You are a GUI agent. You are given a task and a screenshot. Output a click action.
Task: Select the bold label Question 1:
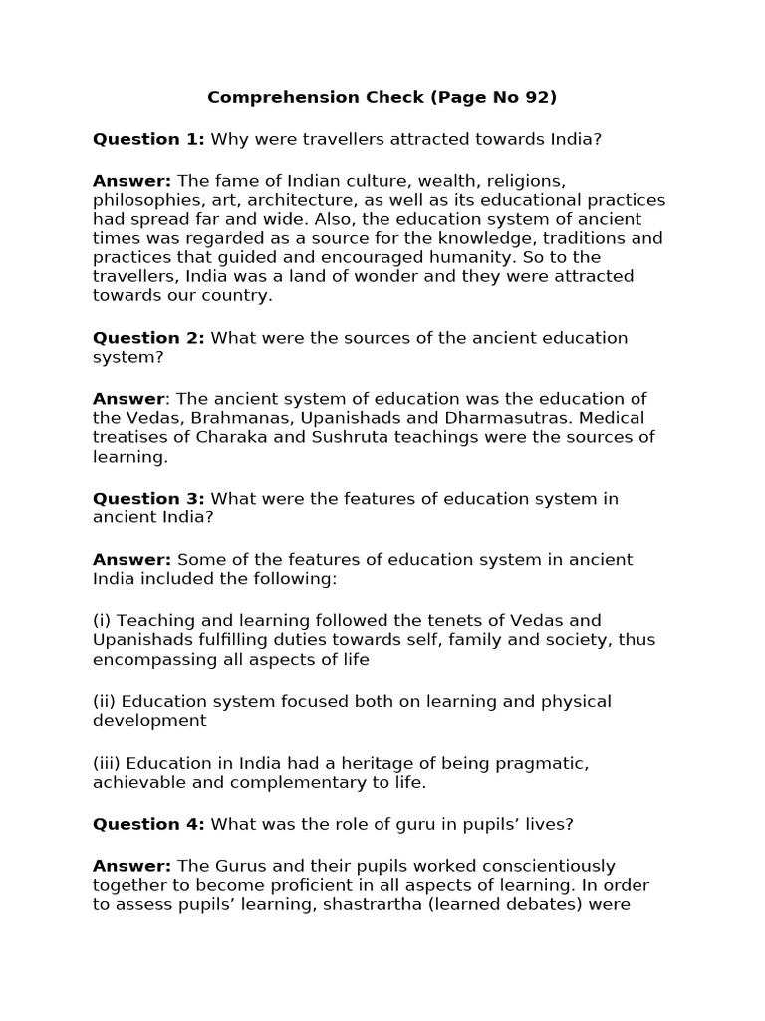(x=148, y=139)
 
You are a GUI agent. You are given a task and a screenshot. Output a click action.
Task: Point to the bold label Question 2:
(x=148, y=338)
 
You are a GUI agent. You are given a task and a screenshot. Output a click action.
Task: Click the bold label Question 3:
(x=148, y=499)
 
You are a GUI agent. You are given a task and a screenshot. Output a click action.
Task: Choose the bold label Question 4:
(x=148, y=824)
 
